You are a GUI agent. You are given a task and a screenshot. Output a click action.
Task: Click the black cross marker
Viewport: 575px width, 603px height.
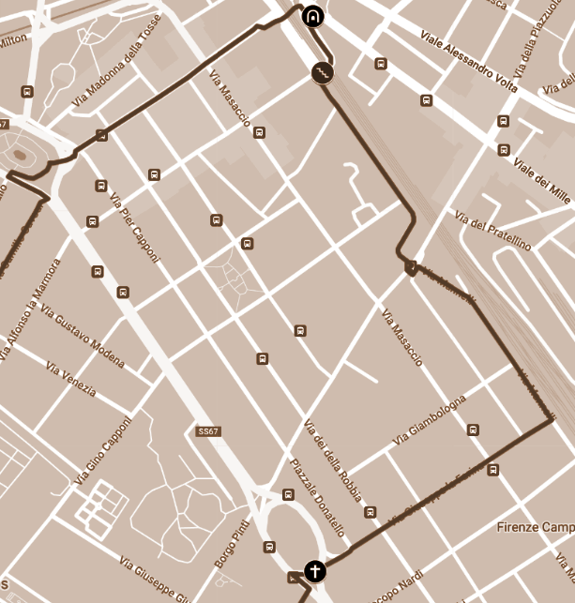tap(315, 570)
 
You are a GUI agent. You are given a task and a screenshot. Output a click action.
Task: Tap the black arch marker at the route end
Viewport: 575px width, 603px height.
tap(311, 16)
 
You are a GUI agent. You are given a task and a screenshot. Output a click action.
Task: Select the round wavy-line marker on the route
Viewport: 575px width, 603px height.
tap(322, 72)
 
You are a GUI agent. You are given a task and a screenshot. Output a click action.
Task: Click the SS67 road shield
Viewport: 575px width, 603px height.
tap(208, 431)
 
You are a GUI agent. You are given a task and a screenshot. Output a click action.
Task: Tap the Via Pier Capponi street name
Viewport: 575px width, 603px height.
tap(129, 219)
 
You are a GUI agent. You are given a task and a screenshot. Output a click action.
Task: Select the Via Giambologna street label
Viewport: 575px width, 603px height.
tap(430, 421)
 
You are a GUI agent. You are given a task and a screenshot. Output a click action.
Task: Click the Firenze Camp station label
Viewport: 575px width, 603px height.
tap(536, 526)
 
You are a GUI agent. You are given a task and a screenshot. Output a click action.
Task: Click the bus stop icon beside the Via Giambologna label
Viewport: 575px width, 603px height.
tap(473, 430)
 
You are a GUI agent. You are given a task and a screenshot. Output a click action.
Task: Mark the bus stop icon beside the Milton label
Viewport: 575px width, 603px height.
tap(27, 92)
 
